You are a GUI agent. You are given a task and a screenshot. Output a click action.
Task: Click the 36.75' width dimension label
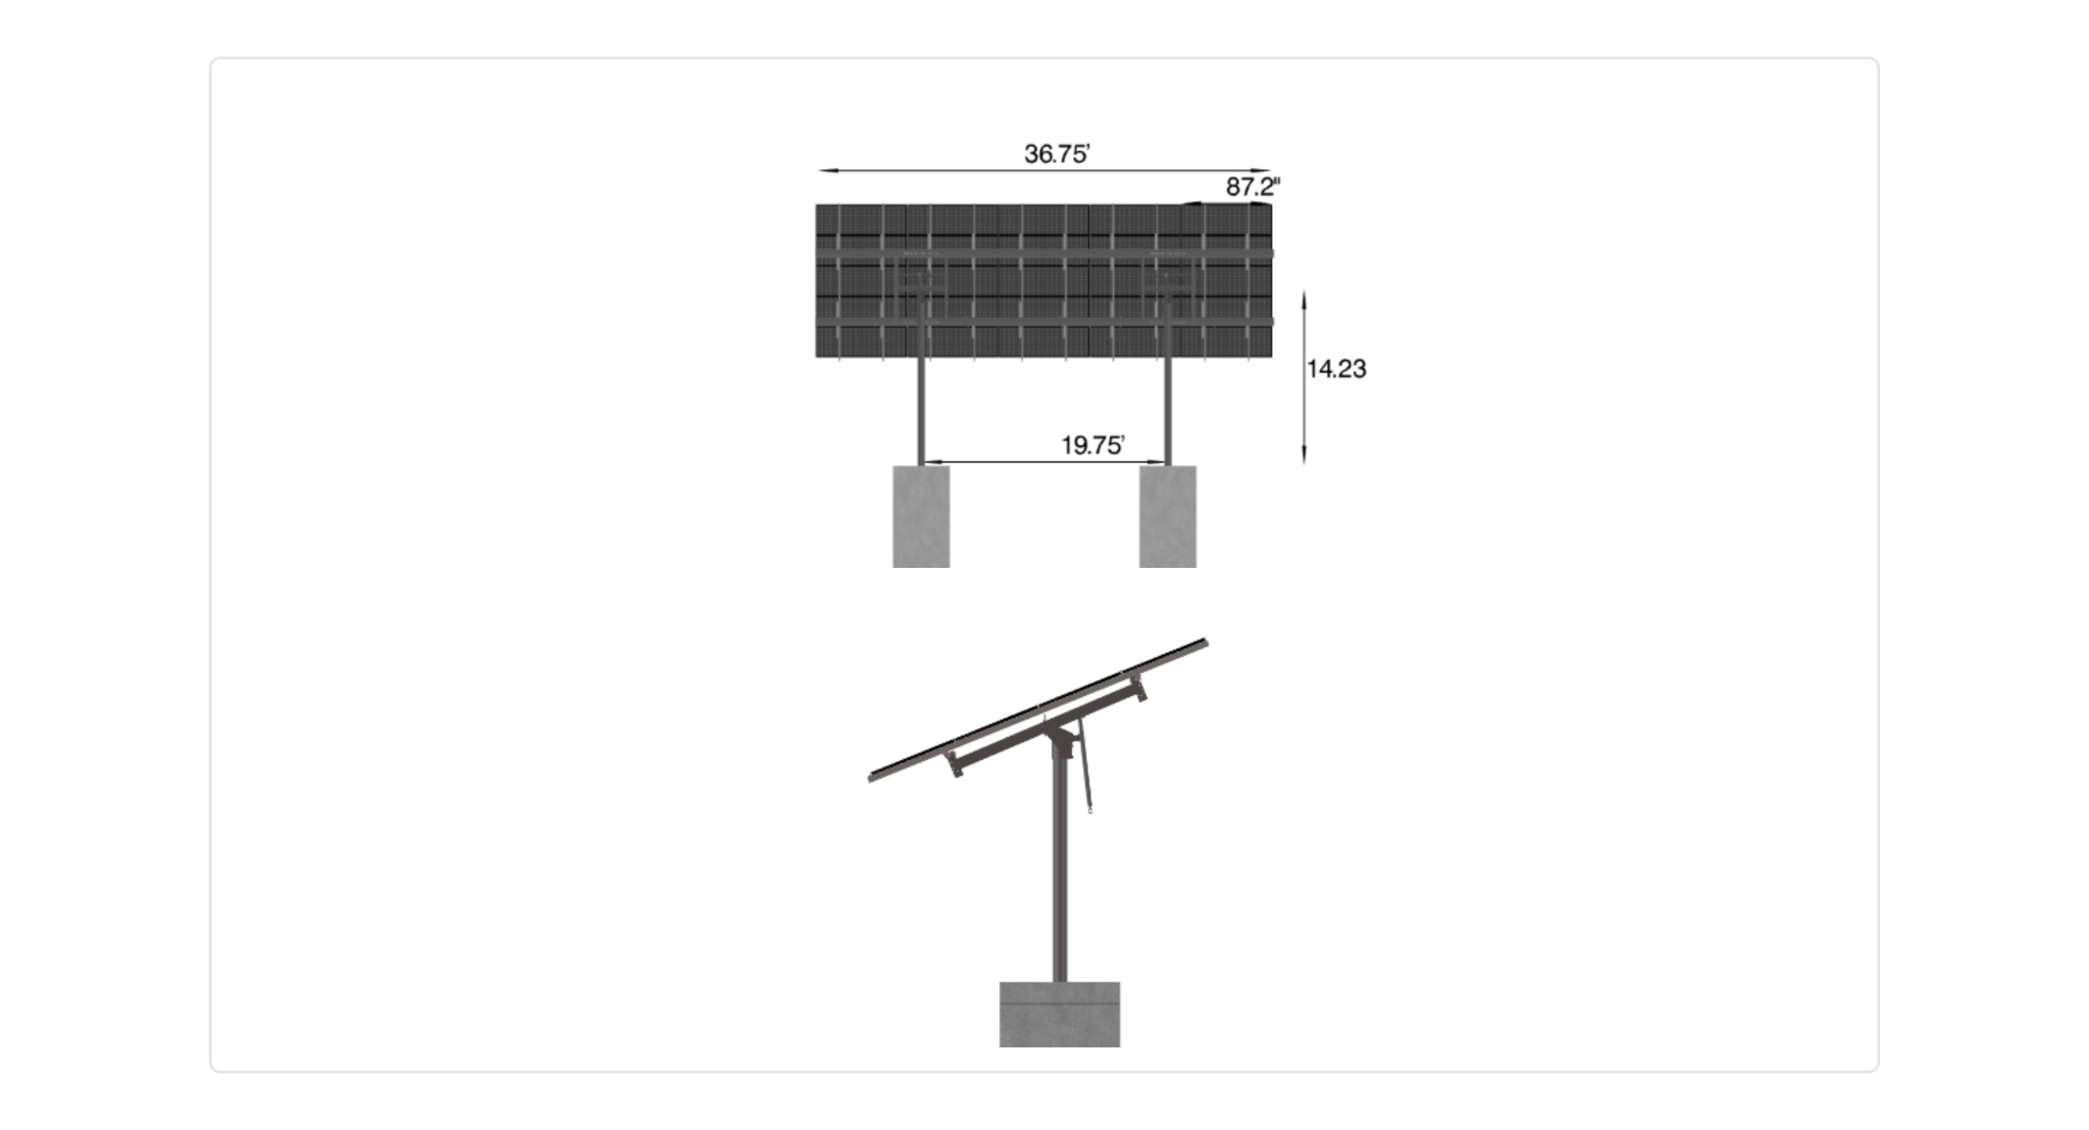tap(1057, 153)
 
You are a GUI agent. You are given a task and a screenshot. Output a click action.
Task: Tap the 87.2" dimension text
tap(1253, 186)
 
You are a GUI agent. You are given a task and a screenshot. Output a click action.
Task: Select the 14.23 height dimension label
tap(1336, 369)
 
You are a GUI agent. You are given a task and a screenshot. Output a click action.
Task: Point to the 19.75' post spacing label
tap(1092, 445)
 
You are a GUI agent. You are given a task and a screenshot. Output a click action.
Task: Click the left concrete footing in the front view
tap(921, 516)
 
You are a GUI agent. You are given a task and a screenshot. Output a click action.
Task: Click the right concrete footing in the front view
tap(1168, 516)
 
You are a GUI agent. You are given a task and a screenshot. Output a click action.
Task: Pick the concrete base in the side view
tap(1060, 1014)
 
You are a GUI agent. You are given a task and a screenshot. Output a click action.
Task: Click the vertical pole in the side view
tap(1060, 867)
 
